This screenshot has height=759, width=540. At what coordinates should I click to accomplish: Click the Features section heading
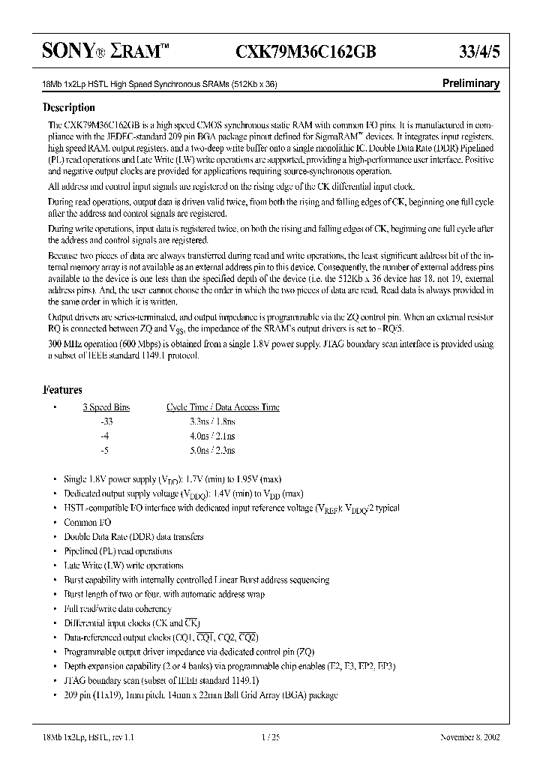pos(62,390)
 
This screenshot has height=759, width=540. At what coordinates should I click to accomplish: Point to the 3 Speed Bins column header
pos(106,407)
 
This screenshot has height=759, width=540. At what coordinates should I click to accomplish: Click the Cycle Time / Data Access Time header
pos(222,407)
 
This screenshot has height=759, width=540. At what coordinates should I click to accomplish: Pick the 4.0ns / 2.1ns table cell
pos(212,436)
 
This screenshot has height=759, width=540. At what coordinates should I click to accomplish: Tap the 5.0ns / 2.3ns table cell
pos(212,451)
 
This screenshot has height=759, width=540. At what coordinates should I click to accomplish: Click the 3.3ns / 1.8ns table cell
pos(212,422)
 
